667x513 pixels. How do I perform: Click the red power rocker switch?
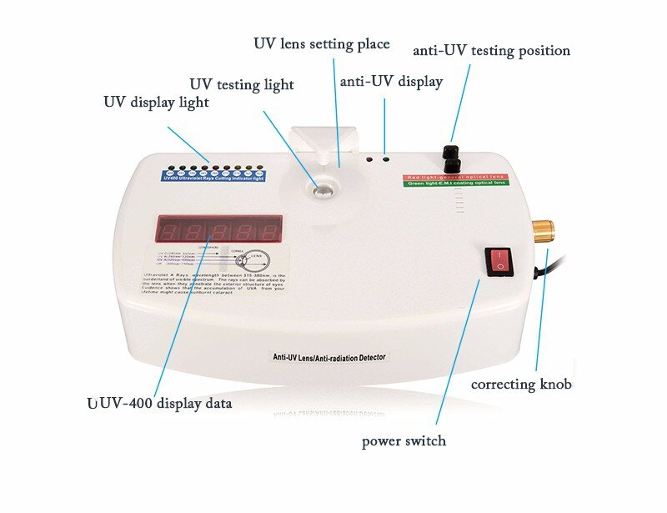click(499, 259)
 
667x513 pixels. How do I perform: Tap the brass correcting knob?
click(544, 231)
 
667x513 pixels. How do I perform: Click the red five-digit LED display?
click(218, 229)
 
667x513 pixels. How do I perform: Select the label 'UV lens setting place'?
click(321, 43)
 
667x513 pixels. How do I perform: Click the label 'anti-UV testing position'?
click(491, 51)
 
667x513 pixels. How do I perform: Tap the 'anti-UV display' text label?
click(391, 82)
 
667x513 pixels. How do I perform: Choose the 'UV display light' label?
click(156, 102)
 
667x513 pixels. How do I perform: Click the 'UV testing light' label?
click(242, 84)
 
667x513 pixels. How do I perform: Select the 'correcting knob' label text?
click(521, 385)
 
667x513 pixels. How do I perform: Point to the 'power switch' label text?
click(404, 440)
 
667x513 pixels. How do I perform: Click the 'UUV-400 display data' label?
click(159, 403)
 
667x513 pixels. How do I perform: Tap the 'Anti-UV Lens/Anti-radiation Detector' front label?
click(330, 356)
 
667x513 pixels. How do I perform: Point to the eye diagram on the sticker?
click(242, 259)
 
